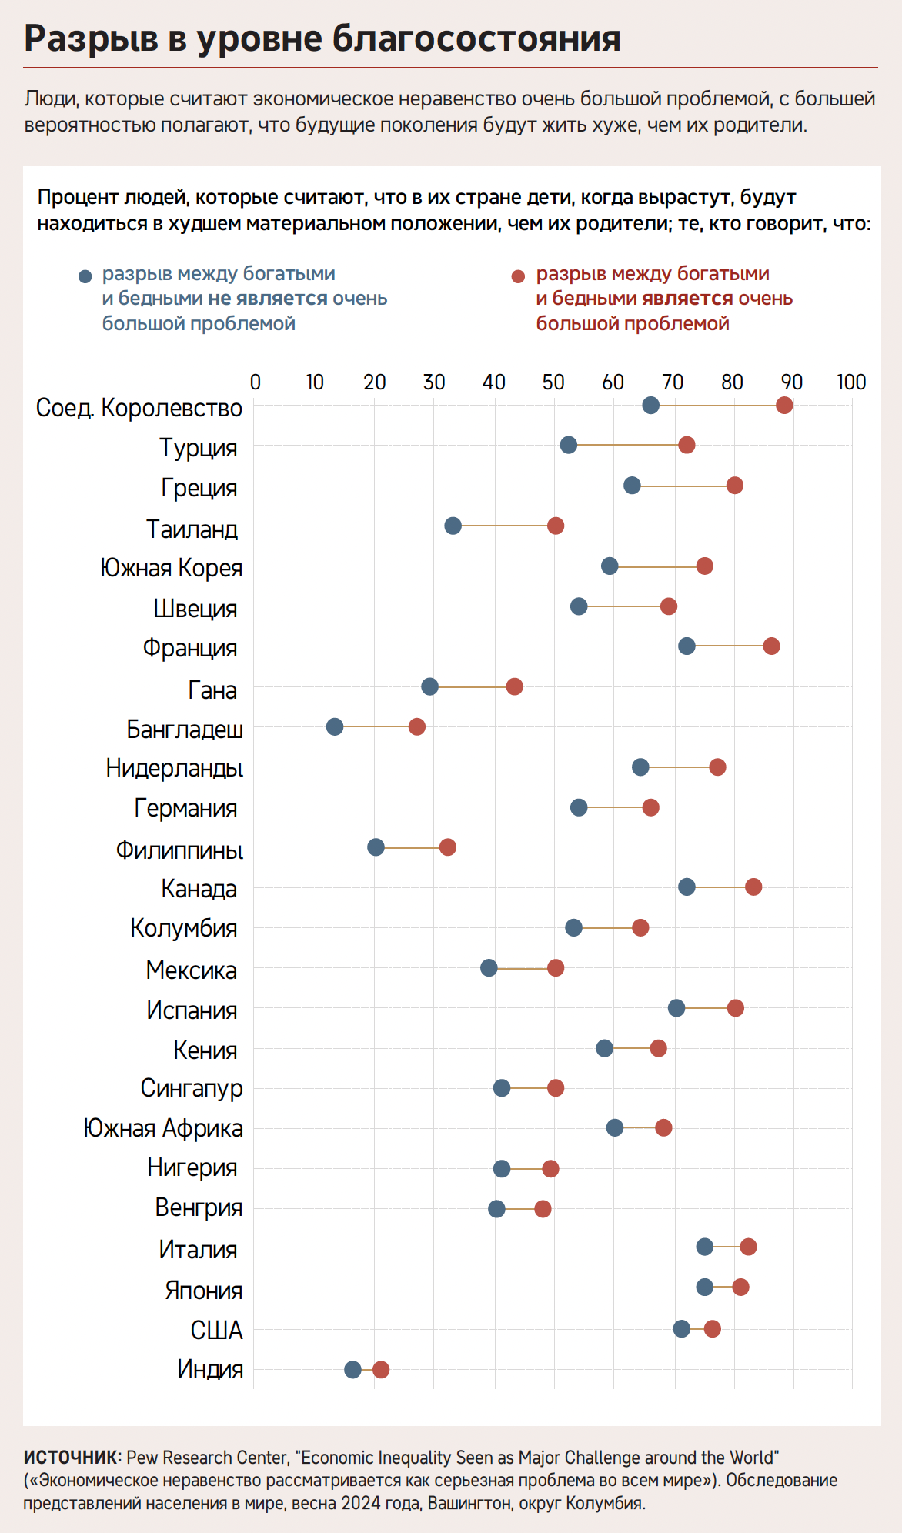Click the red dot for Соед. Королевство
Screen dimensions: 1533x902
(784, 406)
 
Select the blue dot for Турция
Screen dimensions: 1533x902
(569, 445)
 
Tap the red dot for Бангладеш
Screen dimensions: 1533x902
(417, 726)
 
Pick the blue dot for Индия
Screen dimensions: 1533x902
(352, 1369)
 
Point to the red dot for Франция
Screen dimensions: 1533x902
(771, 646)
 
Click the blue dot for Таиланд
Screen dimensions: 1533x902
(453, 526)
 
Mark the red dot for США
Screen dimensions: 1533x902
(713, 1328)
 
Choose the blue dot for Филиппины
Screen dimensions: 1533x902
(376, 847)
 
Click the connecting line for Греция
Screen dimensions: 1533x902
(683, 486)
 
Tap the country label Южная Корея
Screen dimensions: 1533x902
(171, 568)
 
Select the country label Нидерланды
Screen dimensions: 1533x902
(175, 768)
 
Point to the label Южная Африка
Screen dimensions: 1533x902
(163, 1128)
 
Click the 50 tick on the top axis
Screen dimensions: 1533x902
(553, 382)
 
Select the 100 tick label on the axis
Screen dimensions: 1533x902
(851, 382)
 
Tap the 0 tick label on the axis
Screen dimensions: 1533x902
(256, 382)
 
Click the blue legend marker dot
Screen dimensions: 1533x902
(85, 276)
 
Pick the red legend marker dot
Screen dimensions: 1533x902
(518, 276)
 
